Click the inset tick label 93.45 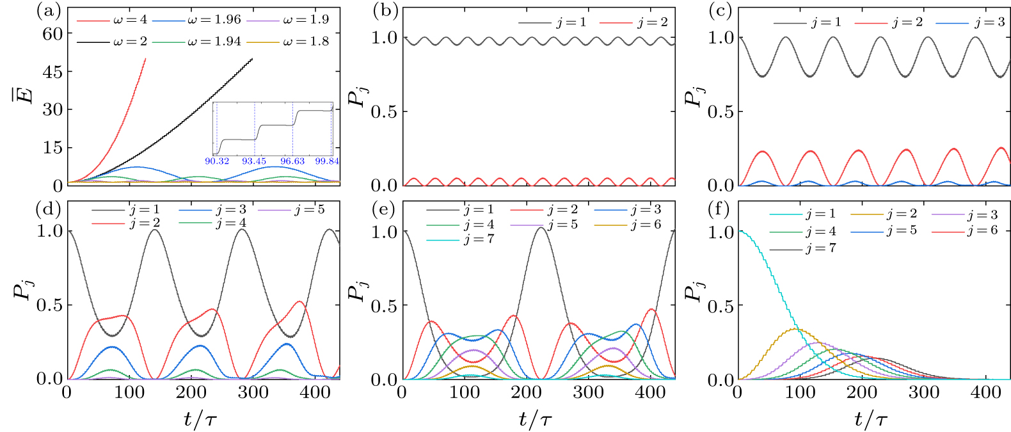click(x=254, y=161)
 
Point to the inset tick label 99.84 click(x=327, y=161)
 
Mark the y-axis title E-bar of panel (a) click(x=26, y=97)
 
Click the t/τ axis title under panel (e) click(x=536, y=419)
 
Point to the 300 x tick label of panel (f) click(x=924, y=392)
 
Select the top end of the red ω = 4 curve click(x=145, y=58)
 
